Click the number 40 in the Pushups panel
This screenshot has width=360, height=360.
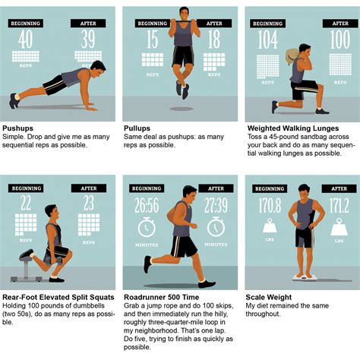(x=26, y=39)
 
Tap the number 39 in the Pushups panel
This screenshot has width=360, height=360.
(x=87, y=39)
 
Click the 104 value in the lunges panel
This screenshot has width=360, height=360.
(x=268, y=40)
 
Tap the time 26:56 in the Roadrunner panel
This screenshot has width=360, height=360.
(x=147, y=207)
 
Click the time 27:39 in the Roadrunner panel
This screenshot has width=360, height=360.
(x=216, y=207)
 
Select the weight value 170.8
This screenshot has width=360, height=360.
(x=270, y=205)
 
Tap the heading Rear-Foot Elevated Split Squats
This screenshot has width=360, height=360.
(x=58, y=297)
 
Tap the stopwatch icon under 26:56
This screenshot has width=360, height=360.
(x=147, y=228)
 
